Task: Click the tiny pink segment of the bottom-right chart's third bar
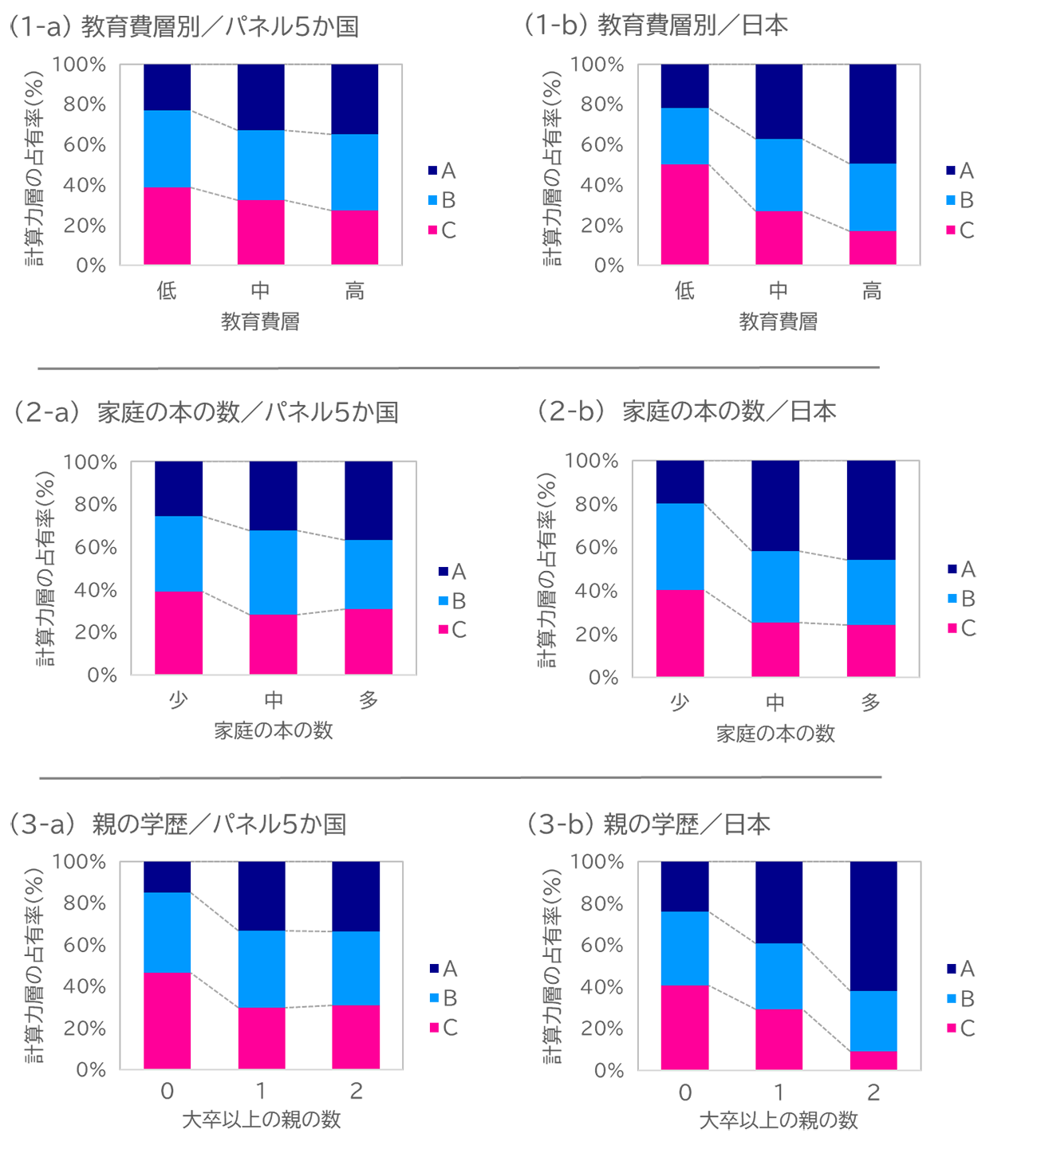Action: pyautogui.click(x=873, y=1060)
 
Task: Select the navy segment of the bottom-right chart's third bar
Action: pyautogui.click(x=873, y=926)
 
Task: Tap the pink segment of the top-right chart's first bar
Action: pyautogui.click(x=684, y=214)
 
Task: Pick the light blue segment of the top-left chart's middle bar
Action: pyautogui.click(x=261, y=165)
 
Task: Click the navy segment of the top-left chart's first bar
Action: pyautogui.click(x=167, y=87)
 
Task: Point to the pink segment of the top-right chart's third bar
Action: pyautogui.click(x=873, y=247)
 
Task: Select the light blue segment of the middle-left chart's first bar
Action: pyautogui.click(x=179, y=553)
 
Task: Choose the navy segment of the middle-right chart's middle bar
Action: pyautogui.click(x=775, y=506)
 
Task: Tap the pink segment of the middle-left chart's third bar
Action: pyautogui.click(x=369, y=641)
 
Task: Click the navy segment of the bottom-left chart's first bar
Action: pyautogui.click(x=167, y=877)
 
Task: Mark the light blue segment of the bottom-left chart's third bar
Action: pyautogui.click(x=356, y=968)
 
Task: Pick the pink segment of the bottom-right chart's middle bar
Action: pyautogui.click(x=779, y=1038)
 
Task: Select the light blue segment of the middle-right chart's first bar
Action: pyautogui.click(x=680, y=546)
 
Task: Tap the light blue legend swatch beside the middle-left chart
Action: pyautogui.click(x=439, y=600)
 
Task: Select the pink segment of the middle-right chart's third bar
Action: pyautogui.click(x=870, y=649)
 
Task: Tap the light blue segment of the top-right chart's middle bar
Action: pyautogui.click(x=779, y=175)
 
